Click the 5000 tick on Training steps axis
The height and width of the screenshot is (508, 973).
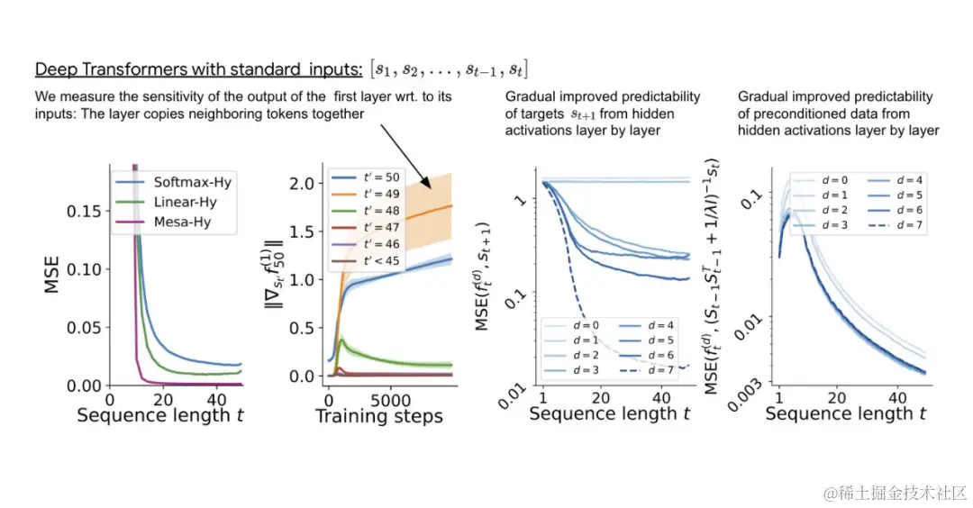(391, 398)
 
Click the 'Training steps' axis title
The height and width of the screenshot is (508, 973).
(378, 416)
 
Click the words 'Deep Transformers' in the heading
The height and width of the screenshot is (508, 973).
(101, 69)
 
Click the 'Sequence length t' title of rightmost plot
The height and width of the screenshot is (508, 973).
(846, 413)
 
